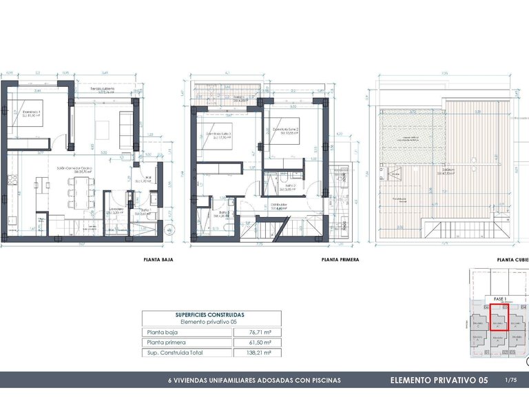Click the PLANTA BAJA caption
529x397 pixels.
point(158,261)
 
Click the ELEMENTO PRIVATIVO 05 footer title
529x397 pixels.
point(439,380)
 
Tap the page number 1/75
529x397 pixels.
point(510,380)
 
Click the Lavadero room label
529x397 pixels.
point(115,212)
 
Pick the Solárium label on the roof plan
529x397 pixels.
point(448,172)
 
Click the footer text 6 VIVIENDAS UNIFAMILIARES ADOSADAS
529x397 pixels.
point(255,380)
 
